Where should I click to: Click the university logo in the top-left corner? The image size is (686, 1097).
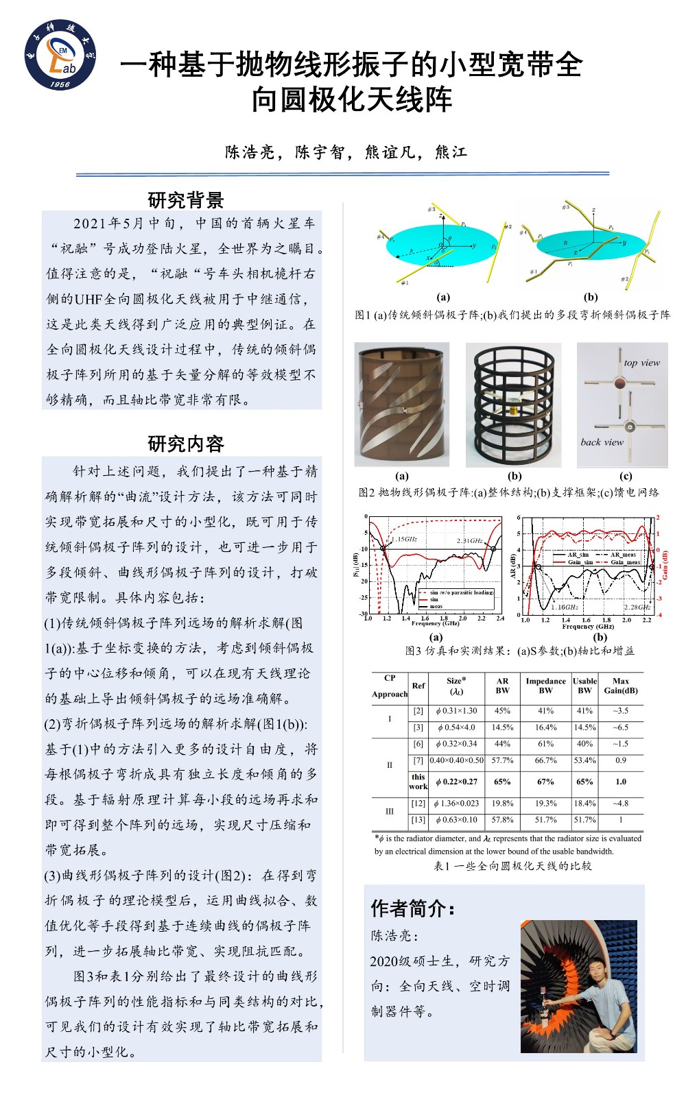pyautogui.click(x=60, y=55)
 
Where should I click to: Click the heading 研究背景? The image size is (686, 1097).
pyautogui.click(x=186, y=200)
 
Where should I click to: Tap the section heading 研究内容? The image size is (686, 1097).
pyautogui.click(x=186, y=444)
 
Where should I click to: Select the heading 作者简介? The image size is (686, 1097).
pyautogui.click(x=413, y=908)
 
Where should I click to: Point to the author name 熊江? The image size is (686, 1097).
pyautogui.click(x=451, y=152)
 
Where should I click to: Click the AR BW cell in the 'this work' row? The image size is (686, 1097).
pyautogui.click(x=502, y=782)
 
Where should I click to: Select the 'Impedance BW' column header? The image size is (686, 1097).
pyautogui.click(x=545, y=686)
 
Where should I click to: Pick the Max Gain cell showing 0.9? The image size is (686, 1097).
pyautogui.click(x=620, y=760)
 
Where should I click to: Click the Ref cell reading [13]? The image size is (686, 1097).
pyautogui.click(x=418, y=819)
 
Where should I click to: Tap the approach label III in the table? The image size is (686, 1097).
pyautogui.click(x=389, y=811)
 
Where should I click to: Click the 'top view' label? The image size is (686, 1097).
pyautogui.click(x=641, y=363)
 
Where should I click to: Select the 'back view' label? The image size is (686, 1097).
pyautogui.click(x=602, y=442)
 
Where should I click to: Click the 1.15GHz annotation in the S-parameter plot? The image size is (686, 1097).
pyautogui.click(x=404, y=540)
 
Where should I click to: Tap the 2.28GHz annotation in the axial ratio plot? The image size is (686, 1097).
pyautogui.click(x=637, y=607)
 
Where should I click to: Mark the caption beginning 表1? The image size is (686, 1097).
pyautogui.click(x=512, y=866)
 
